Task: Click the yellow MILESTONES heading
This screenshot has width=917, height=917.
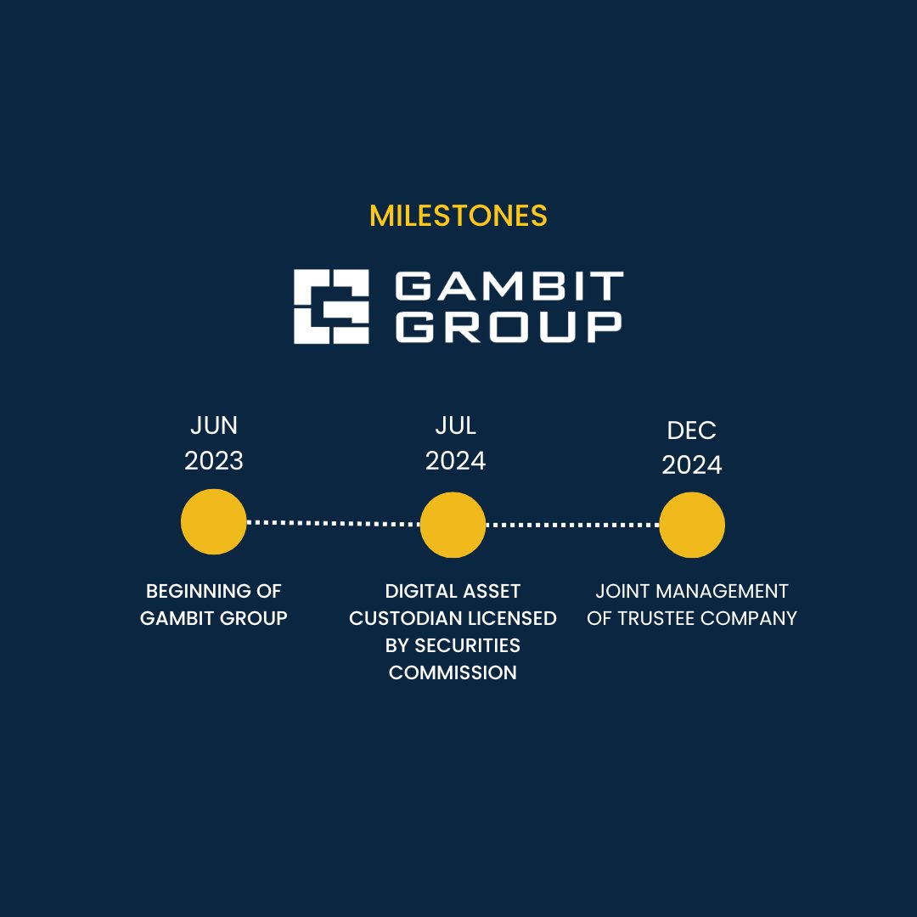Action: [x=458, y=216]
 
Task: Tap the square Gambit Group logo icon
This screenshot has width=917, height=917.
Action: [x=331, y=307]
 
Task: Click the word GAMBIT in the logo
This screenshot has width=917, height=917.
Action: [x=509, y=286]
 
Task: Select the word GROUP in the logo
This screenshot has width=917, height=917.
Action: [x=509, y=327]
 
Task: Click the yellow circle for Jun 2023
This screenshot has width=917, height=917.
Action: [x=214, y=521]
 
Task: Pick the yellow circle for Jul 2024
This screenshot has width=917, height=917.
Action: [x=453, y=525]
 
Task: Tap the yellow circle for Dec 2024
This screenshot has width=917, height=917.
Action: [x=692, y=525]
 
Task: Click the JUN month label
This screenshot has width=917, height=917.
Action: [x=214, y=425]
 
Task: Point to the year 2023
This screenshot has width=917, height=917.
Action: [x=214, y=461]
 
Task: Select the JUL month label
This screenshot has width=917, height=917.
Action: [x=456, y=425]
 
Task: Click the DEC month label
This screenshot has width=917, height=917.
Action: [x=692, y=430]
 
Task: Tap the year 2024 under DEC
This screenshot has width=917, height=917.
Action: [x=692, y=465]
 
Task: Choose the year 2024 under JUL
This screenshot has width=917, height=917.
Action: [x=456, y=461]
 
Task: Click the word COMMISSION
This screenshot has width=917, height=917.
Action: [x=453, y=672]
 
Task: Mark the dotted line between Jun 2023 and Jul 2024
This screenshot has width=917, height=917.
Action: [x=334, y=523]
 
